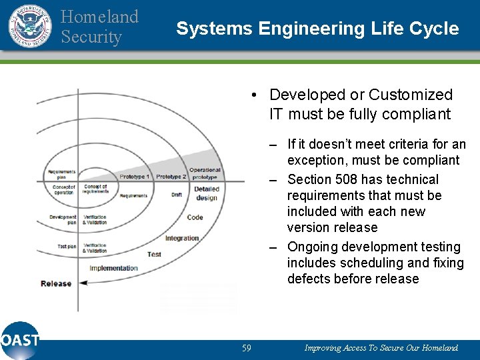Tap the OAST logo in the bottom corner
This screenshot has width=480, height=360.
20,340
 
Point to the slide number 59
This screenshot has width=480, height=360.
246,348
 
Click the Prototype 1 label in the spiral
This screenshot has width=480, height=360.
134,177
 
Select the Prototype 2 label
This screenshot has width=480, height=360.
171,177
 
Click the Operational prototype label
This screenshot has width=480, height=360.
205,173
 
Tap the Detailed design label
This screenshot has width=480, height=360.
207,193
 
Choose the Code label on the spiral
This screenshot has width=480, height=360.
195,217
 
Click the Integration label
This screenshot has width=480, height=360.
182,238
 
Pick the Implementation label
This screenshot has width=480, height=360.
113,268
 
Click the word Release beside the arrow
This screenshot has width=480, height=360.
56,283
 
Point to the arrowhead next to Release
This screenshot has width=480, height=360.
83,283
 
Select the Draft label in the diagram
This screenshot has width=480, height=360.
177,195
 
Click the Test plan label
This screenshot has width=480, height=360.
67,247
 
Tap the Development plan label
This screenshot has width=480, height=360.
63,219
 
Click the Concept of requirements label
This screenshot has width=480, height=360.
95,189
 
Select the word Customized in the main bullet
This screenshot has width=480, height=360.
411,95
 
